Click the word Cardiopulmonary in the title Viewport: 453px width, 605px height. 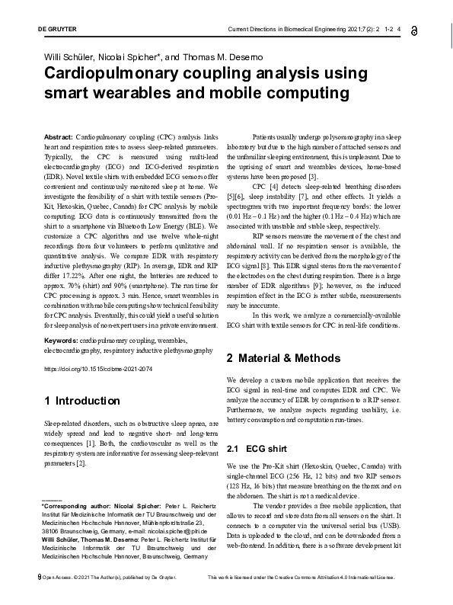(119, 75)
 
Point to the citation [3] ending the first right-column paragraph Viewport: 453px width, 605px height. (301, 178)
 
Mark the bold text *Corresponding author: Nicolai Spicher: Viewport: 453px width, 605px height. (91, 505)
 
